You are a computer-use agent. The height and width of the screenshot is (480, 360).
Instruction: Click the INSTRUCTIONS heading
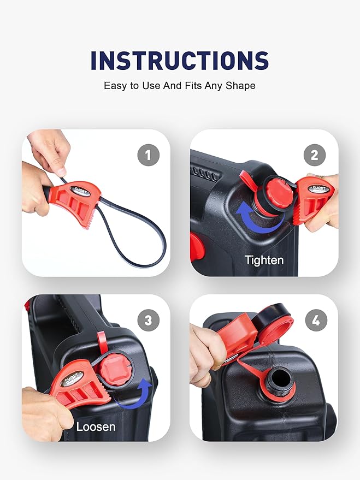(x=180, y=60)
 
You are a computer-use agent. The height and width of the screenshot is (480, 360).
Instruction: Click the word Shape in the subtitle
(x=241, y=86)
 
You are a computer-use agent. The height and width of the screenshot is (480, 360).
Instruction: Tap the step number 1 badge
(x=148, y=156)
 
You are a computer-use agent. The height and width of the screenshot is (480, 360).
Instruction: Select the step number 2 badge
(x=314, y=156)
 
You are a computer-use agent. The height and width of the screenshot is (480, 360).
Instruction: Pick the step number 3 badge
(x=148, y=321)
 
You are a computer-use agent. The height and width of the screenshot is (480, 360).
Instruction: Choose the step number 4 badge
(x=315, y=321)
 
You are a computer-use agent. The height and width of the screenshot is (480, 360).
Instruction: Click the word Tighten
(x=264, y=260)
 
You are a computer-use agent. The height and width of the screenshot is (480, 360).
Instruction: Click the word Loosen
(x=96, y=426)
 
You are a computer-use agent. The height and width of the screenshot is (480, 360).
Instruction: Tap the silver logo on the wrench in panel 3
(x=73, y=377)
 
